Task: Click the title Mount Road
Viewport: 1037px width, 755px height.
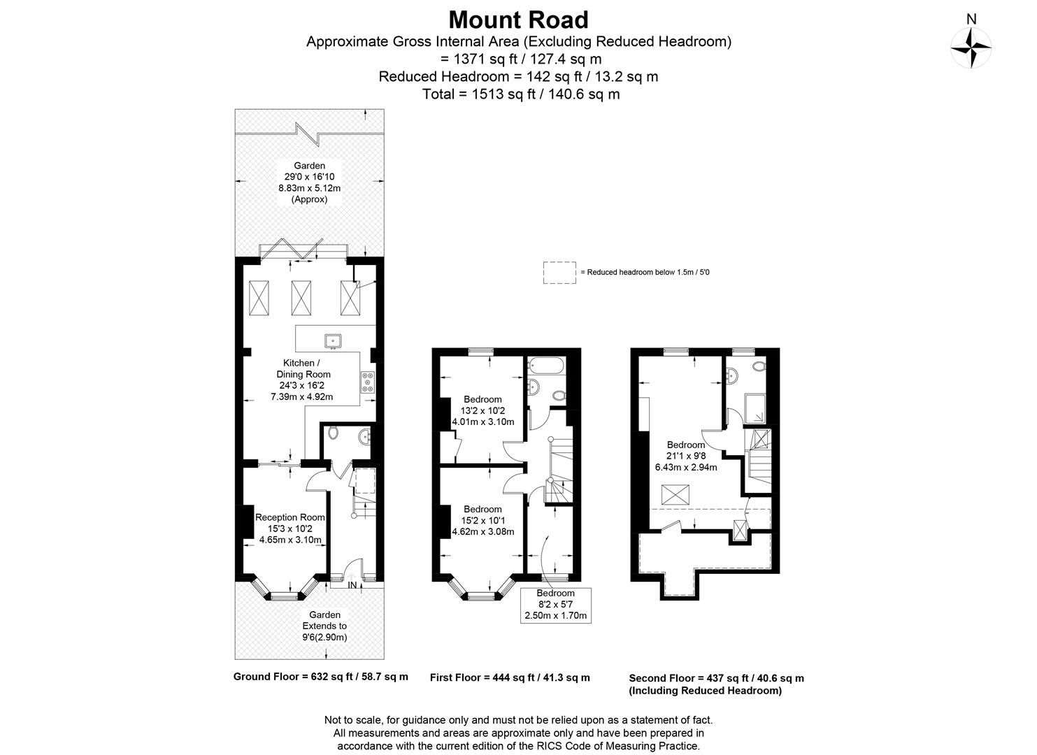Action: point(518,19)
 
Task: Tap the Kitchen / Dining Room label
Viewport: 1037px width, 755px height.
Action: point(301,380)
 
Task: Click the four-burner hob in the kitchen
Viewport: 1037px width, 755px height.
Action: point(368,382)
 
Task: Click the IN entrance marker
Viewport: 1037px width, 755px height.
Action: point(352,585)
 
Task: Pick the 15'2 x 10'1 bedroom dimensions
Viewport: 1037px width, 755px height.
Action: point(482,520)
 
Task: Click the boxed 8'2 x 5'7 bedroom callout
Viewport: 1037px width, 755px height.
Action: point(556,605)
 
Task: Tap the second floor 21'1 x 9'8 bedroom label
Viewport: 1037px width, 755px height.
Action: point(685,456)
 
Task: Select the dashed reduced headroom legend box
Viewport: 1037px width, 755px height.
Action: point(559,273)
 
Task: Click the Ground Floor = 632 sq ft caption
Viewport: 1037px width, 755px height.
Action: point(320,677)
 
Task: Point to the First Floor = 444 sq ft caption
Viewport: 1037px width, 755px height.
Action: point(510,677)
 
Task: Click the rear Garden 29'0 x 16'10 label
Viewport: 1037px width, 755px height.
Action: point(309,182)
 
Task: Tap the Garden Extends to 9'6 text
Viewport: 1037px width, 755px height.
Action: point(324,626)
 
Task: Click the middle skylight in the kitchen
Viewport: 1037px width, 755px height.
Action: point(301,298)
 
